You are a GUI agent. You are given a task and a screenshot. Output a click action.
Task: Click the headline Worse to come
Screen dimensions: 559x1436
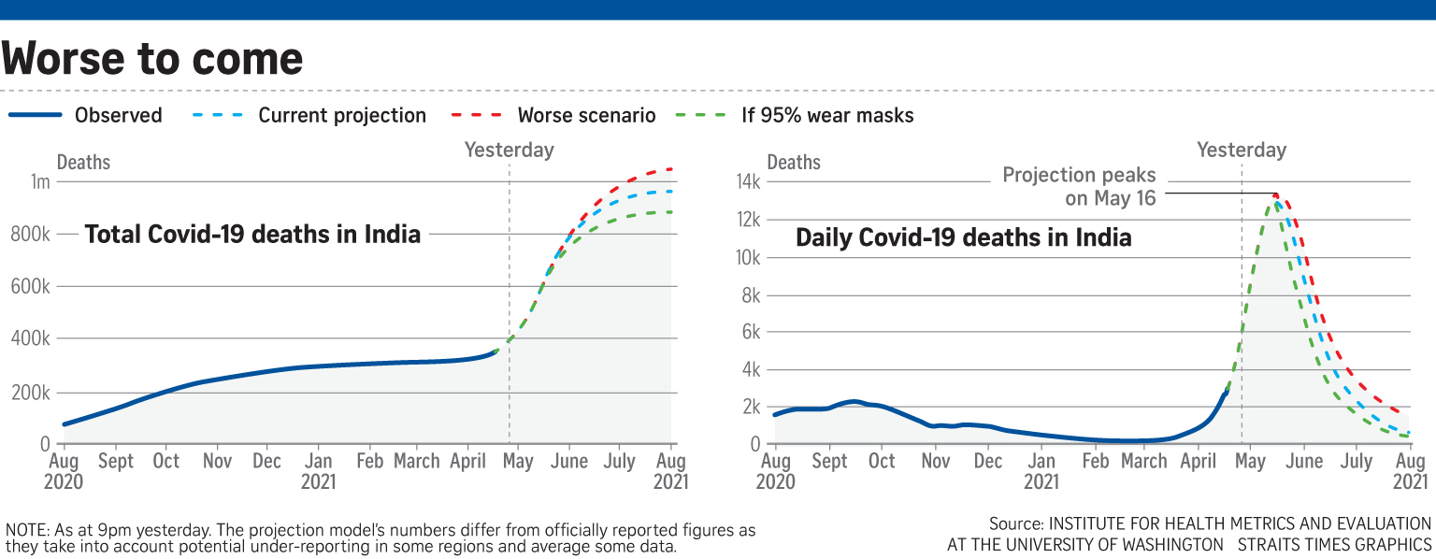[x=152, y=59]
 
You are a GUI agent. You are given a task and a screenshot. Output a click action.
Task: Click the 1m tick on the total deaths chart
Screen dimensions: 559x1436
[x=39, y=181]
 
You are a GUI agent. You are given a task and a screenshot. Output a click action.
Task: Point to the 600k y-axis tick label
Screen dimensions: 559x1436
[x=32, y=287]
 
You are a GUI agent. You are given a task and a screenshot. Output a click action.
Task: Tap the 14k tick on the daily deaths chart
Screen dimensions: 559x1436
[x=748, y=182]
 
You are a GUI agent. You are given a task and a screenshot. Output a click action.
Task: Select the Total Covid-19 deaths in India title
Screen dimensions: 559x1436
[x=252, y=234]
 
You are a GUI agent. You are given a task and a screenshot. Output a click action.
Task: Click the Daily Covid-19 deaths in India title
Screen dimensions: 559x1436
[x=963, y=237]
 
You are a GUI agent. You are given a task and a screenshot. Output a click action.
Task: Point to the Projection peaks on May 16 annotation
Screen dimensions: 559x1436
[x=1080, y=186]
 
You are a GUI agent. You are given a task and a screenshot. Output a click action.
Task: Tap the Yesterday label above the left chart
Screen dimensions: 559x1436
[x=510, y=150]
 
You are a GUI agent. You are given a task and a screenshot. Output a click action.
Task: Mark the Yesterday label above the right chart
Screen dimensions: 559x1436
[x=1242, y=150]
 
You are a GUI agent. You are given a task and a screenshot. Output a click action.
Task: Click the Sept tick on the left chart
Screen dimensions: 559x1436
[x=115, y=462]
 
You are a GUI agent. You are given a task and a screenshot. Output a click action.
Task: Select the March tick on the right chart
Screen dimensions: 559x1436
[x=1144, y=462]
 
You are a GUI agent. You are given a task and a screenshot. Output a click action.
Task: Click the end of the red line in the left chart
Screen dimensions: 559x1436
[x=671, y=169]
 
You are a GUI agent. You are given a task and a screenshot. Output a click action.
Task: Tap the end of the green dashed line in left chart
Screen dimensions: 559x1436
[x=671, y=212]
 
